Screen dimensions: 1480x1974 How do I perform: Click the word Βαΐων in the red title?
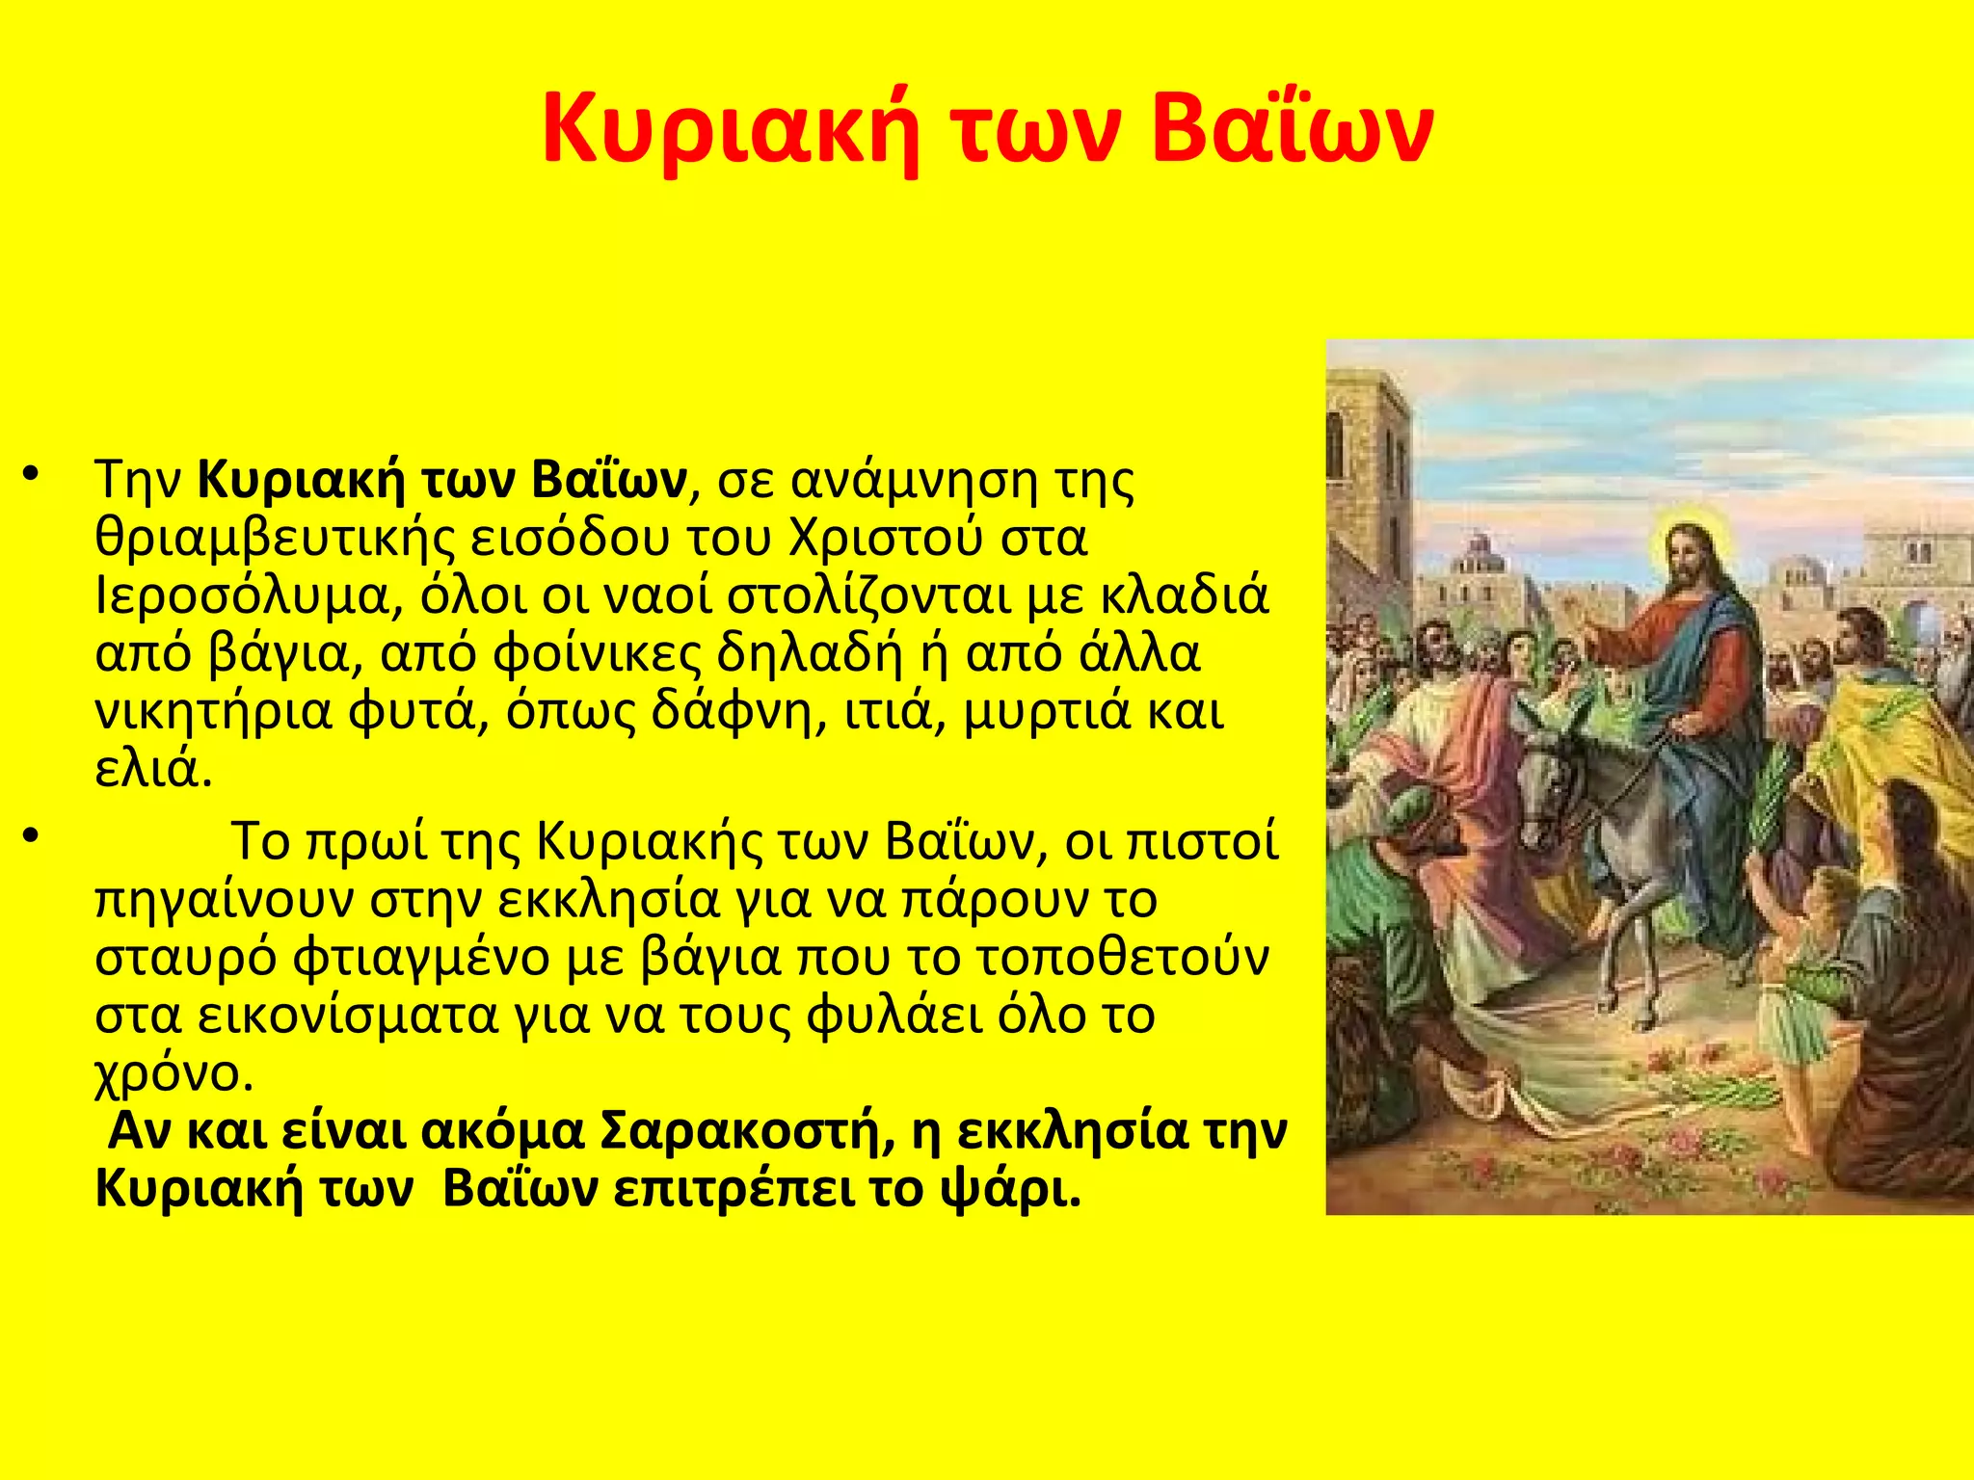[1292, 129]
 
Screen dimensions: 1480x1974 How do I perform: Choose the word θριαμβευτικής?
[275, 539]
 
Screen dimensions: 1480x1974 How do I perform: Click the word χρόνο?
[173, 1073]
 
